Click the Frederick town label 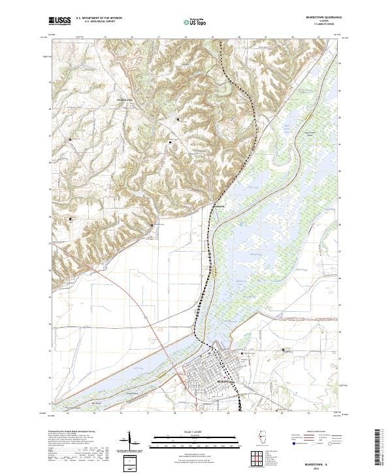220,207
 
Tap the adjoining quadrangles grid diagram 257,457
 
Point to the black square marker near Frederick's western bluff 153,226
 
